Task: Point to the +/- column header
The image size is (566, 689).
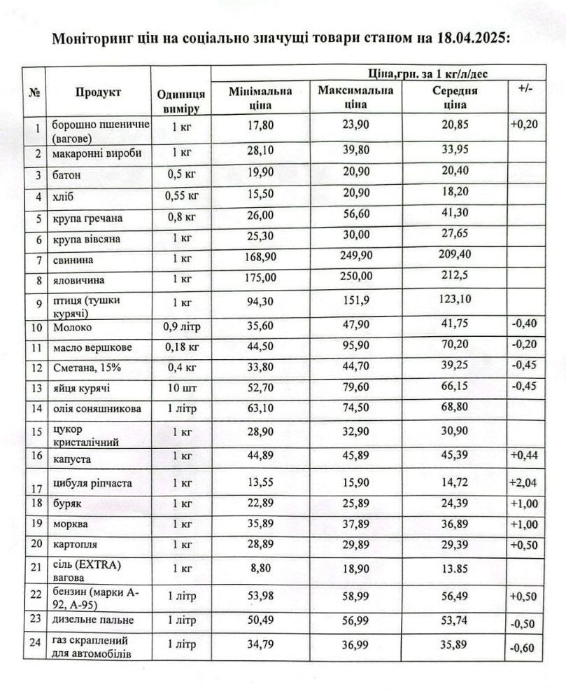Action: [523, 90]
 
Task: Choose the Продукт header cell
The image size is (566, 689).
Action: [98, 92]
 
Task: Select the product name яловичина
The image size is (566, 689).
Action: [76, 279]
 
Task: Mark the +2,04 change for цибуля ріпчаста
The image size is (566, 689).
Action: [523, 482]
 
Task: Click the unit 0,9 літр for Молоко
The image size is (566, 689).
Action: [181, 326]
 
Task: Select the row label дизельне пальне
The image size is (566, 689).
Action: [92, 620]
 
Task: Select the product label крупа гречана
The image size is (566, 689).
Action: [87, 218]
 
